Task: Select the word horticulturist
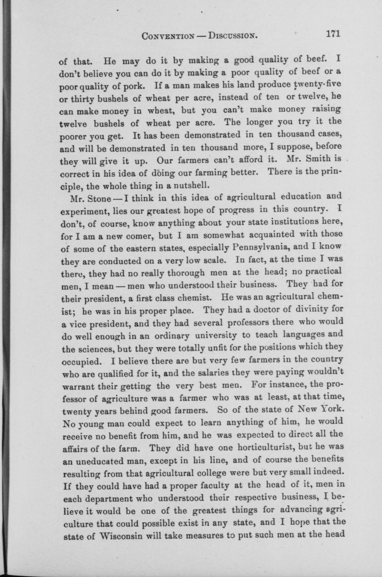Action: coord(256,448)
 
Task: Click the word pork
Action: coord(132,87)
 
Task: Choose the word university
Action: coord(215,336)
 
